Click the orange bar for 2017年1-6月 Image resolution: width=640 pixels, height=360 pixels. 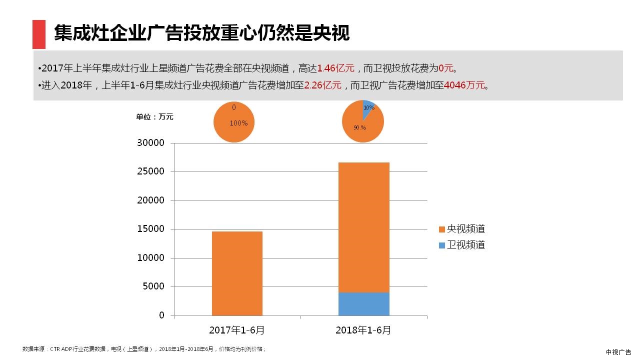[x=237, y=273]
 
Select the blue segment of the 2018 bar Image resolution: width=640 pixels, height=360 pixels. [x=363, y=304]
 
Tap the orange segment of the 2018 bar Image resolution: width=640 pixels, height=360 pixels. [x=363, y=227]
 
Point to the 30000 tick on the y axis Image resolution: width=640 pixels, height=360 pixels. [x=150, y=143]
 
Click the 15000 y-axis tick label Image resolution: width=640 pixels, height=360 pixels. [x=150, y=229]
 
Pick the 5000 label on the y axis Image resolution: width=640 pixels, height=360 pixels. [x=153, y=286]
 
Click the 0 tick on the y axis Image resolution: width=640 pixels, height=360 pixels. [x=161, y=315]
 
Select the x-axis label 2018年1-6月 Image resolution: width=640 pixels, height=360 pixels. [x=363, y=330]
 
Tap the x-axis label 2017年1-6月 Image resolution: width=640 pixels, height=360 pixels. [x=237, y=330]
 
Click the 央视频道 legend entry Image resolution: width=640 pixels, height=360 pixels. [x=461, y=229]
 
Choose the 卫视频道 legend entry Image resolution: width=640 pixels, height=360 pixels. [x=461, y=245]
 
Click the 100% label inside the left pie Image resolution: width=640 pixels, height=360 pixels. [x=238, y=123]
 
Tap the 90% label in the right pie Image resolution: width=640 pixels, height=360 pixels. [x=359, y=127]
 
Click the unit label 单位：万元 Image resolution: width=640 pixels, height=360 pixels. [x=155, y=117]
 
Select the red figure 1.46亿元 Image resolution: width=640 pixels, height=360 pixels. [x=335, y=68]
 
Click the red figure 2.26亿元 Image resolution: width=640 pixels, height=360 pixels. [x=322, y=85]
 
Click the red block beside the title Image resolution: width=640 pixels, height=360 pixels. [x=39, y=34]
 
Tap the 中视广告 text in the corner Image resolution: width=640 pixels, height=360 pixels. [x=618, y=352]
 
